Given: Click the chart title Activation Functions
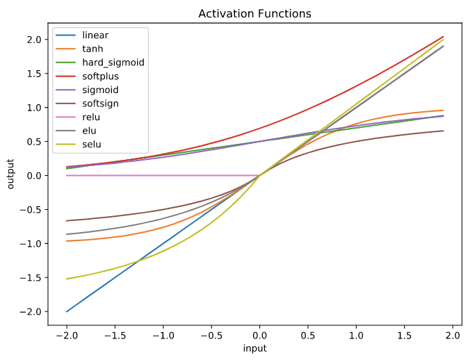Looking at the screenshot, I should [x=255, y=14].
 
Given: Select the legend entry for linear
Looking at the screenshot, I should [x=95, y=35].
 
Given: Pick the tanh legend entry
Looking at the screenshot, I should [x=93, y=49].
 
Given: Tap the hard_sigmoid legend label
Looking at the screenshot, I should [x=113, y=63].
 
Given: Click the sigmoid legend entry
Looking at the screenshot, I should [x=100, y=90].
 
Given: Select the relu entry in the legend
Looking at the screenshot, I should [x=91, y=118].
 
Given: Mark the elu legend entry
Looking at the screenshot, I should [x=90, y=132].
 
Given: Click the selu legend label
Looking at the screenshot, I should [x=92, y=146].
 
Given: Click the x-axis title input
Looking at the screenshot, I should [x=255, y=348].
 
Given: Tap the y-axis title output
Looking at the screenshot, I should [x=10, y=174].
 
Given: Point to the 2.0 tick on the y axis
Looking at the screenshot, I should [x=34, y=40].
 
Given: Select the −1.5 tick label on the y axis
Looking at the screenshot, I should [x=31, y=277].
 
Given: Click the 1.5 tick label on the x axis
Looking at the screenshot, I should [x=405, y=334].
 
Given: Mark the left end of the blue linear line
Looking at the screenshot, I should [x=67, y=311].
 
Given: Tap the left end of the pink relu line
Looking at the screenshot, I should [x=67, y=175].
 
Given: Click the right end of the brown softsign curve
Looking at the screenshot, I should [x=444, y=131].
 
